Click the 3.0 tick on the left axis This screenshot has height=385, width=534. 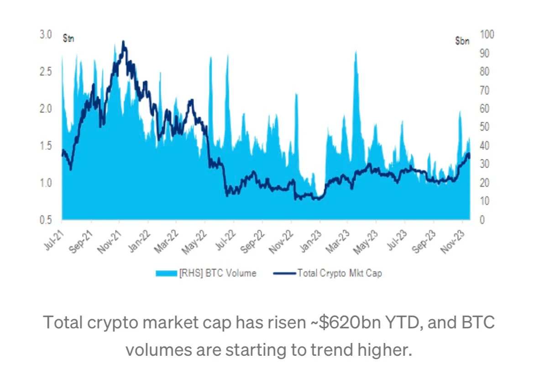pyautogui.click(x=46, y=35)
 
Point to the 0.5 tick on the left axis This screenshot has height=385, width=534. pyautogui.click(x=46, y=220)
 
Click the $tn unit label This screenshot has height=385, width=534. pyautogui.click(x=68, y=38)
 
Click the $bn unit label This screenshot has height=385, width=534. pyautogui.click(x=462, y=41)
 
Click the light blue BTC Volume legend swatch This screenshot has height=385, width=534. pyautogui.click(x=166, y=274)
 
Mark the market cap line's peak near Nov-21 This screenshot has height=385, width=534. pyautogui.click(x=123, y=42)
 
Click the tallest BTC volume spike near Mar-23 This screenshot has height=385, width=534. pyautogui.click(x=356, y=52)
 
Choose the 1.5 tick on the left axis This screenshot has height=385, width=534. pyautogui.click(x=46, y=146)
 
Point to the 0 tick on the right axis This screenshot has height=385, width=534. pyautogui.click(x=482, y=220)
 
